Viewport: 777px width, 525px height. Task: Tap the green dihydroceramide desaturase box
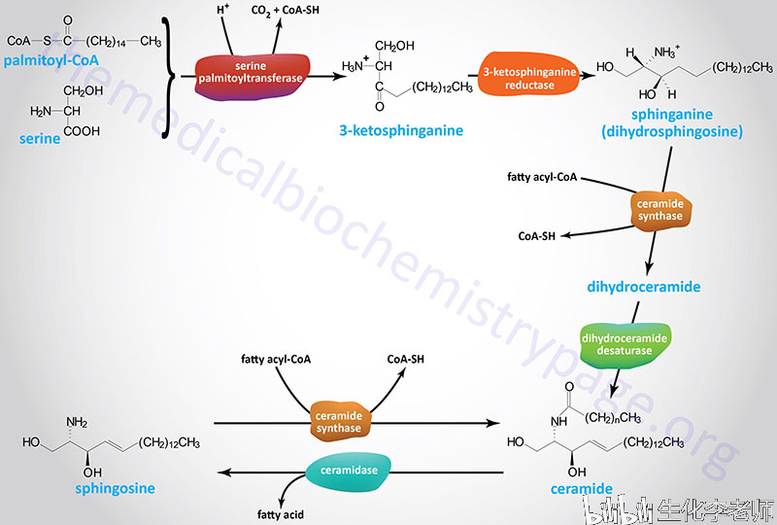[624, 345]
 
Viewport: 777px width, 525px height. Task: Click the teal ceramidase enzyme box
[349, 470]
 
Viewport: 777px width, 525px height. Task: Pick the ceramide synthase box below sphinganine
[660, 210]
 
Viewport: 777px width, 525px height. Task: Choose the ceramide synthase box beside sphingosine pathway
[339, 422]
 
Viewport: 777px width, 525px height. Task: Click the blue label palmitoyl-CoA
[51, 61]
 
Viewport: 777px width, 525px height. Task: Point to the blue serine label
[40, 138]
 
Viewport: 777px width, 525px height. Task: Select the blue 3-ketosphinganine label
[401, 130]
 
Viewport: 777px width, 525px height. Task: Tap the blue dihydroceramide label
[644, 287]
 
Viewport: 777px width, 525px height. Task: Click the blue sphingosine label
[115, 489]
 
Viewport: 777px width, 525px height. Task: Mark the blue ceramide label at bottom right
[581, 489]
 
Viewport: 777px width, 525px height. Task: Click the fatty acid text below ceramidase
[281, 514]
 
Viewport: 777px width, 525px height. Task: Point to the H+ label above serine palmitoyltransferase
[222, 9]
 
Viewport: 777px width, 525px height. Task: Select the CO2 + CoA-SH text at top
[285, 11]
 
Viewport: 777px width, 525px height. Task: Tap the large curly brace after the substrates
[168, 77]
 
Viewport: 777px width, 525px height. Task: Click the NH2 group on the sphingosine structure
[77, 422]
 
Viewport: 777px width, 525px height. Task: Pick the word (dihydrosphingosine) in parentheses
[672, 132]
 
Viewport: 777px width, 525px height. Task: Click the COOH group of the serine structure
[82, 131]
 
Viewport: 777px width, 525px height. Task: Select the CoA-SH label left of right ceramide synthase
[537, 236]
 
